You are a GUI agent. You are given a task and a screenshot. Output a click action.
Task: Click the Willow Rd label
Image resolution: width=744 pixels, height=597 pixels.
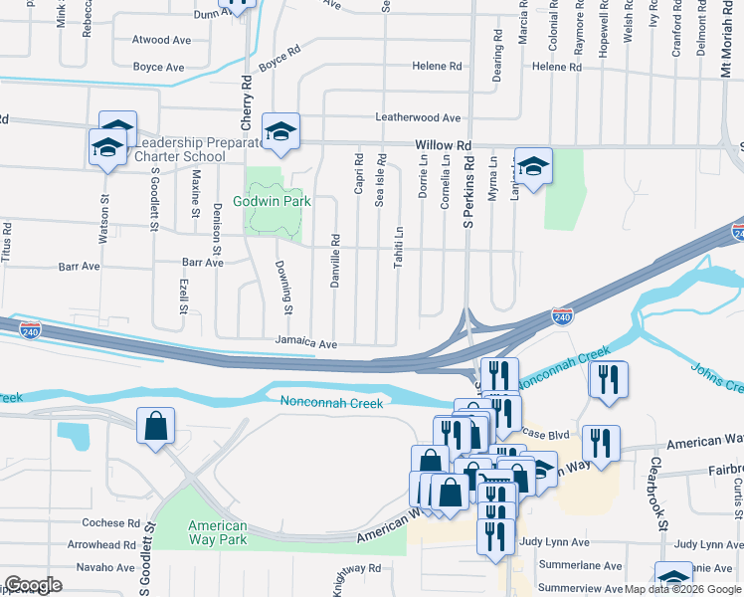[x=438, y=144]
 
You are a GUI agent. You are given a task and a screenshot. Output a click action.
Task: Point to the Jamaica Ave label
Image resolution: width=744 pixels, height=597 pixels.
[x=307, y=343]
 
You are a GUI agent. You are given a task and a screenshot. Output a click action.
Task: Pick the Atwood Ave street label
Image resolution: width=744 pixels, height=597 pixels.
[x=161, y=41]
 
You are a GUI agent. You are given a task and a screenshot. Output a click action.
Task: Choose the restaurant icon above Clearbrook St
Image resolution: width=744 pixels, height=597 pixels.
[x=608, y=379]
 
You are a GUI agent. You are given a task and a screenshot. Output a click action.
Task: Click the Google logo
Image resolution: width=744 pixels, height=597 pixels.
[x=33, y=585]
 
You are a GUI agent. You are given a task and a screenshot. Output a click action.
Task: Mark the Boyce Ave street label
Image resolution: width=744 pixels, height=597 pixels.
[x=159, y=68]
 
